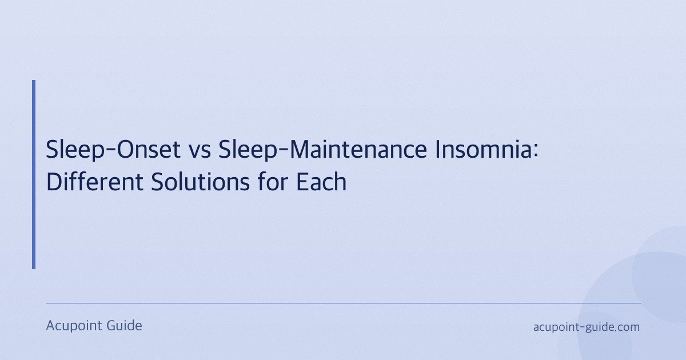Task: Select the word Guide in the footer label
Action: pyautogui.click(x=124, y=326)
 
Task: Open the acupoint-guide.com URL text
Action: pyautogui.click(x=586, y=327)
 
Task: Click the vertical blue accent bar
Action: pyautogui.click(x=34, y=174)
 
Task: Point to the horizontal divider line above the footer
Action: pyautogui.click(x=343, y=303)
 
